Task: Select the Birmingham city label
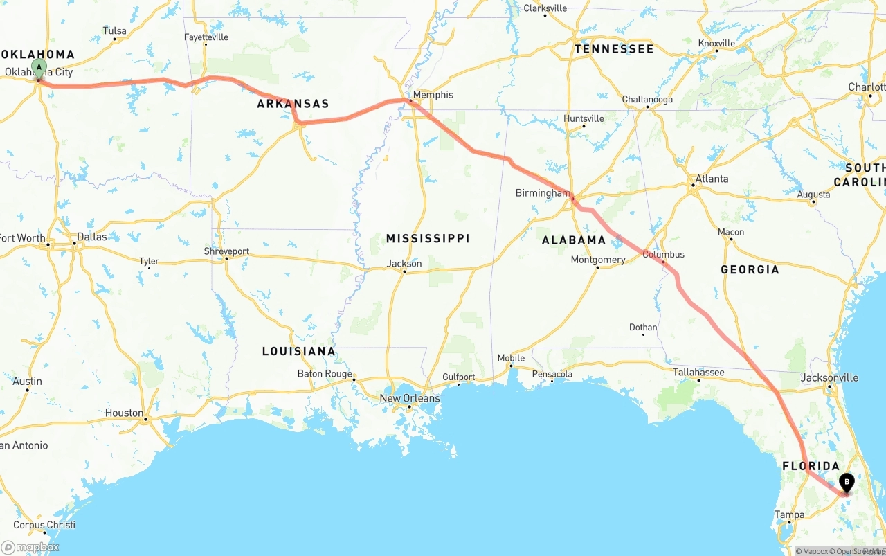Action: [x=543, y=193]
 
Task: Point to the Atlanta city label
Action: [x=712, y=179]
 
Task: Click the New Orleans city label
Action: [x=409, y=398]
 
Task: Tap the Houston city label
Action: [x=125, y=413]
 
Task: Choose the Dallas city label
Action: [x=91, y=237]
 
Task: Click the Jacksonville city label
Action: [x=829, y=377]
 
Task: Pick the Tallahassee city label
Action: [x=698, y=373]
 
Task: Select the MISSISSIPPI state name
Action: [x=428, y=238]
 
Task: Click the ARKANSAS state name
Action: [x=293, y=104]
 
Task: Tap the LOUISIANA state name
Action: [x=298, y=351]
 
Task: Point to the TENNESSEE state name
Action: [x=613, y=49]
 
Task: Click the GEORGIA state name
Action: [x=750, y=269]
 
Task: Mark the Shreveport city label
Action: [x=226, y=251]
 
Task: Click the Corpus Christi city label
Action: [x=44, y=525]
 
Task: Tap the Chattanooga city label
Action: [x=647, y=100]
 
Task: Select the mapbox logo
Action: [x=30, y=547]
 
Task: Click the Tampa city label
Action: [x=789, y=514]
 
